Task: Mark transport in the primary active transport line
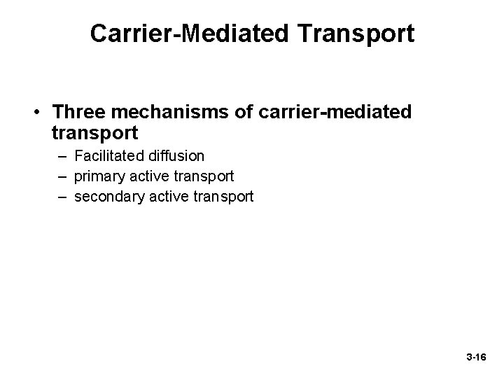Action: click(x=204, y=176)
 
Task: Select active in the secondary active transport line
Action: click(x=169, y=197)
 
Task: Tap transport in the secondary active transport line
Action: click(x=224, y=197)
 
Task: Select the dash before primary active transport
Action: click(x=62, y=176)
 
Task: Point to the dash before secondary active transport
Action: click(x=62, y=197)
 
